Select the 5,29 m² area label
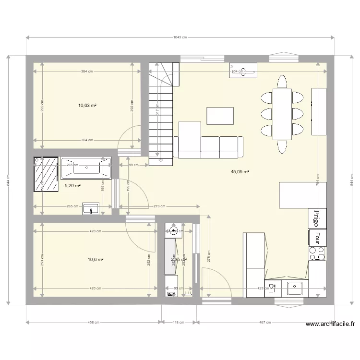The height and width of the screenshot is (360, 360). pyautogui.click(x=72, y=185)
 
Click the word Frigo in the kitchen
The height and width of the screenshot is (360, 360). pyautogui.click(x=317, y=218)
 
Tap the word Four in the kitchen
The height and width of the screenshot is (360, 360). pyautogui.click(x=317, y=237)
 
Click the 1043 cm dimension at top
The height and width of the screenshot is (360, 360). pyautogui.click(x=180, y=37)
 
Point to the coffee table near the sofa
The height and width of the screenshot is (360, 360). pyautogui.click(x=220, y=116)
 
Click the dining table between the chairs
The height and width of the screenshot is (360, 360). pyautogui.click(x=282, y=114)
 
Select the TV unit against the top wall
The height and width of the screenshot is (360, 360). pyautogui.click(x=243, y=71)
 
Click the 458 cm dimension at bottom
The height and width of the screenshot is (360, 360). pyautogui.click(x=93, y=323)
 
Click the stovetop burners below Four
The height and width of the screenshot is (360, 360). pyautogui.click(x=317, y=253)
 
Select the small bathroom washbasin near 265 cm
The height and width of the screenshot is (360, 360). pyautogui.click(x=91, y=208)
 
